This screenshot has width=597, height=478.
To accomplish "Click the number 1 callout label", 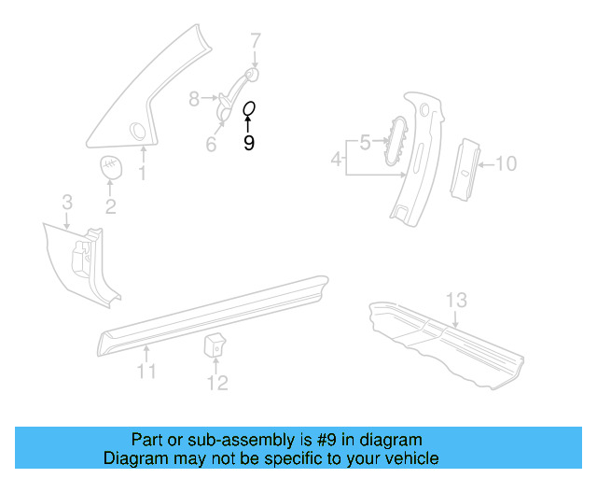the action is click(143, 174).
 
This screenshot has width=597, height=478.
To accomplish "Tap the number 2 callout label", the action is click(110, 206).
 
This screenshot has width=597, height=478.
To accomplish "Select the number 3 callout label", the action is click(67, 203).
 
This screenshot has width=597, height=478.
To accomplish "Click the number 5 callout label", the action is click(365, 142).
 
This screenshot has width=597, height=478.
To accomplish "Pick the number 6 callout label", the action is click(211, 145).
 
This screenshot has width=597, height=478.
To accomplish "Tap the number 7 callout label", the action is click(255, 40).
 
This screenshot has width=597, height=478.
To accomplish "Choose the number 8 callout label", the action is click(194, 97).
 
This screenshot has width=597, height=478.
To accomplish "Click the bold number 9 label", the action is click(248, 143).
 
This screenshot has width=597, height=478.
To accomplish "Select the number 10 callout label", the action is click(505, 164).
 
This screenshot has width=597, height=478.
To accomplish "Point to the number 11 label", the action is click(146, 373).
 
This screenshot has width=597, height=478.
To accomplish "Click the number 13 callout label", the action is click(455, 300).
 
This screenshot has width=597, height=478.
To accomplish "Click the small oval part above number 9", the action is click(249, 109).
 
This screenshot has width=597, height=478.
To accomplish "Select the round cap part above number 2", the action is click(112, 167).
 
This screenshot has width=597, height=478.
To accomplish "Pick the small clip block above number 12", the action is click(215, 345).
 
